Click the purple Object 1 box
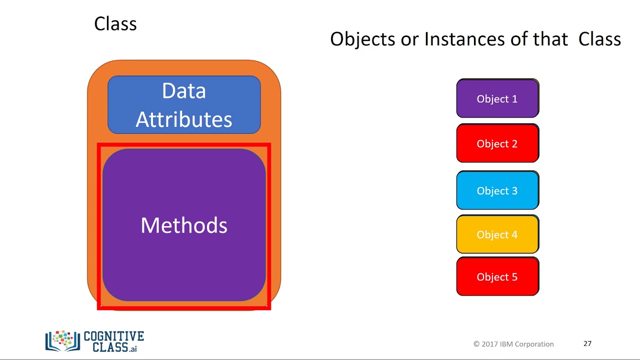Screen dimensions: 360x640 click(497, 98)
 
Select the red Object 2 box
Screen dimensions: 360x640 click(497, 143)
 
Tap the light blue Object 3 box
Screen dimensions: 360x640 click(497, 190)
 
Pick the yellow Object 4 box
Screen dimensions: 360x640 click(497, 234)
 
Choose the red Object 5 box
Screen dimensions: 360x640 click(497, 277)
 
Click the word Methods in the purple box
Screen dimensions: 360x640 click(184, 225)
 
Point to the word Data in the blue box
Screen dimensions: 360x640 click(184, 91)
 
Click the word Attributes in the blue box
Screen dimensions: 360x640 click(184, 119)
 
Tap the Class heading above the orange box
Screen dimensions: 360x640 click(115, 24)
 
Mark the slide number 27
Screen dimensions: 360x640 click(587, 343)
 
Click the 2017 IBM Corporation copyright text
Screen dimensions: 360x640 click(513, 344)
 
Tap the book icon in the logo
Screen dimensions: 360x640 click(62, 341)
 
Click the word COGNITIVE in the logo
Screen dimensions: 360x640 click(114, 336)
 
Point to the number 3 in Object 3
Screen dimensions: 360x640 click(514, 190)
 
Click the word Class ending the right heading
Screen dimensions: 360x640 click(599, 39)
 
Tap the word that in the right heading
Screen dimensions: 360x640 click(550, 39)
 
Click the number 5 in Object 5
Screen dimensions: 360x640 click(514, 277)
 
